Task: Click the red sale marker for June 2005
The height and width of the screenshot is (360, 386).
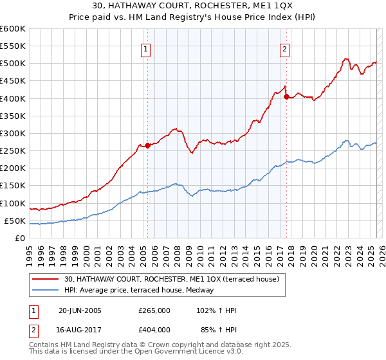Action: pos(147,145)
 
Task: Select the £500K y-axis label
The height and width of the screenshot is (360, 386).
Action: pos(13,64)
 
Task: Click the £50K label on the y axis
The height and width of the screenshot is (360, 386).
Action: pos(15,221)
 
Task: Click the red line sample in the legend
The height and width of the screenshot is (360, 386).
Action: pos(46,279)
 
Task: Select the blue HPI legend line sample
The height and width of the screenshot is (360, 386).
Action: pos(46,290)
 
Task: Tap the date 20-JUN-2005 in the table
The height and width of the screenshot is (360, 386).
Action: pos(80,310)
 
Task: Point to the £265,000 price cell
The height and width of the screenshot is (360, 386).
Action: pos(154,310)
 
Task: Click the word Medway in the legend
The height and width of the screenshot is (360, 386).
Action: pos(209,290)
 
